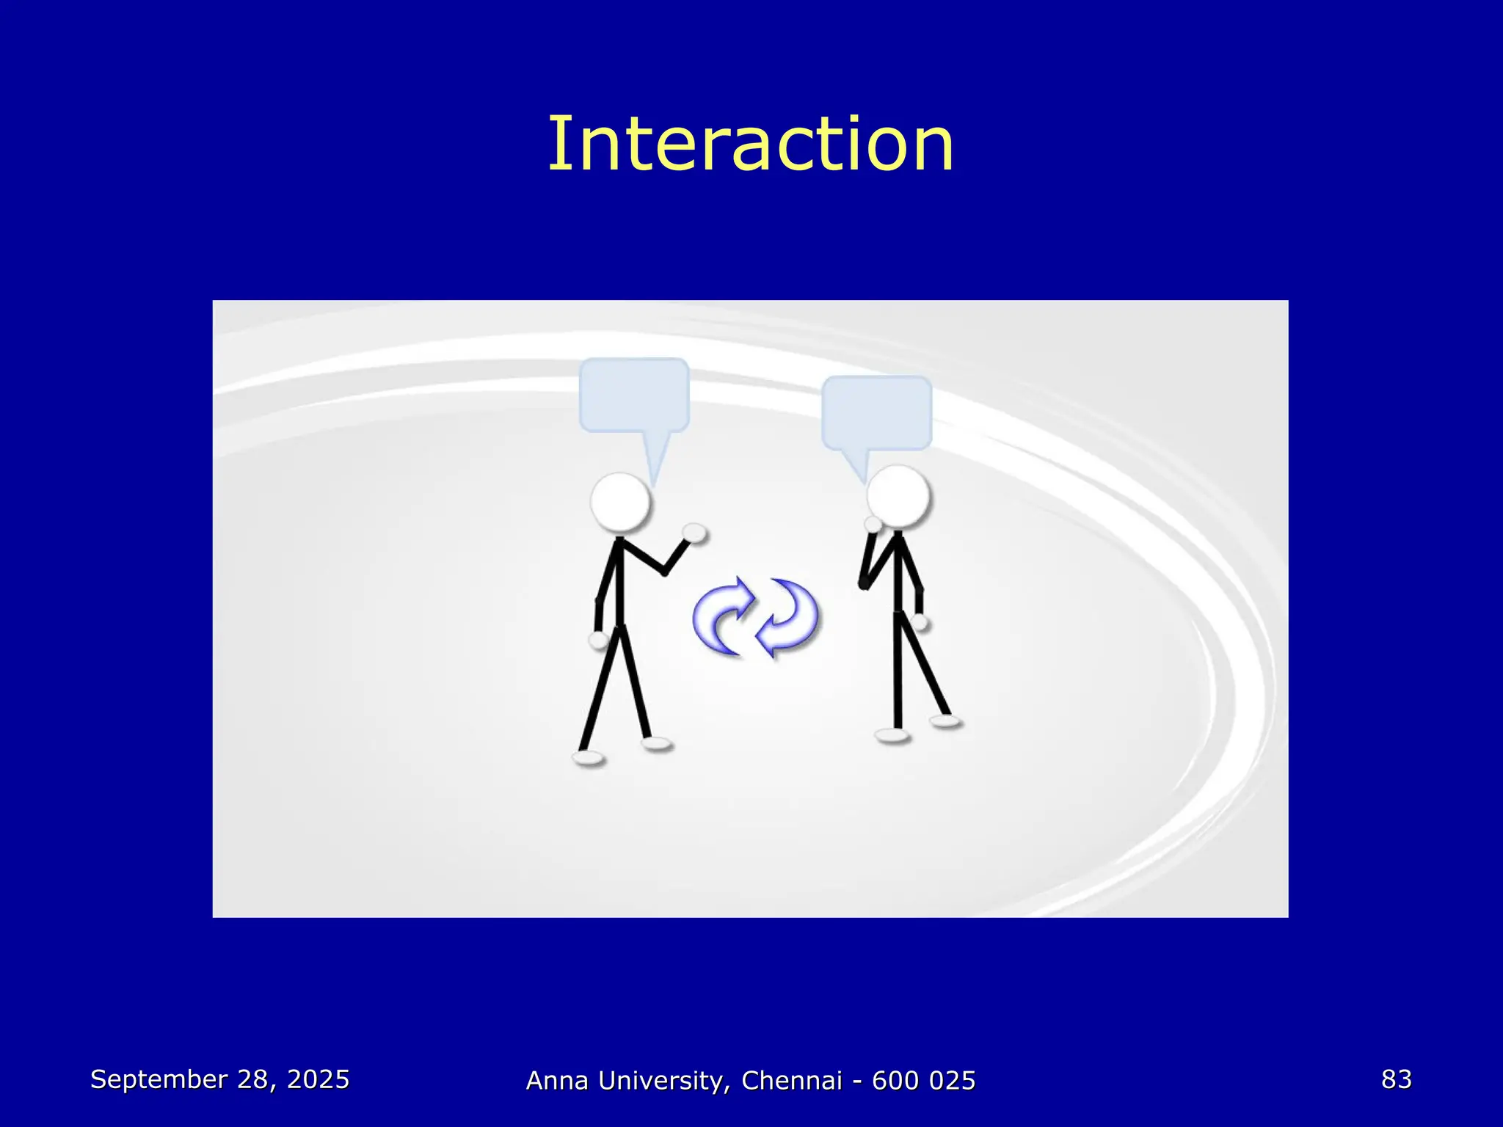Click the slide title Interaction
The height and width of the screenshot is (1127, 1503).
pos(751,145)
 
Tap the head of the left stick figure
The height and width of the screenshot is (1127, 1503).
pos(620,503)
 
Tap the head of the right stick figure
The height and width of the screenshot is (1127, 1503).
pos(898,496)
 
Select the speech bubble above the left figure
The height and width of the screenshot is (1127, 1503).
pos(634,395)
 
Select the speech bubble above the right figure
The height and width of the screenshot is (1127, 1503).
pos(877,412)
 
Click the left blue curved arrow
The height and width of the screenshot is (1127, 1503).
pos(723,617)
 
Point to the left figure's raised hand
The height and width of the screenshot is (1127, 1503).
pos(694,533)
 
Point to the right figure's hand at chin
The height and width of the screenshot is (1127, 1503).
pos(873,524)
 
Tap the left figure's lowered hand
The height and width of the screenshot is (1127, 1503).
pos(599,640)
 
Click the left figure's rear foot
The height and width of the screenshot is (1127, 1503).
pos(589,758)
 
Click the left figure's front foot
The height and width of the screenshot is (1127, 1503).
pos(656,744)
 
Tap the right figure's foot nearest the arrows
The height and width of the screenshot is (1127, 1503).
pos(892,735)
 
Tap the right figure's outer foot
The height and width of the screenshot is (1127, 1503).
pos(945,721)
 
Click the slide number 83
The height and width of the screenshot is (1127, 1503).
pos(1396,1079)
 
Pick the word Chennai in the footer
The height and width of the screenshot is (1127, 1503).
pos(791,1081)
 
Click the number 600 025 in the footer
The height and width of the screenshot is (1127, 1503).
pos(923,1081)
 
